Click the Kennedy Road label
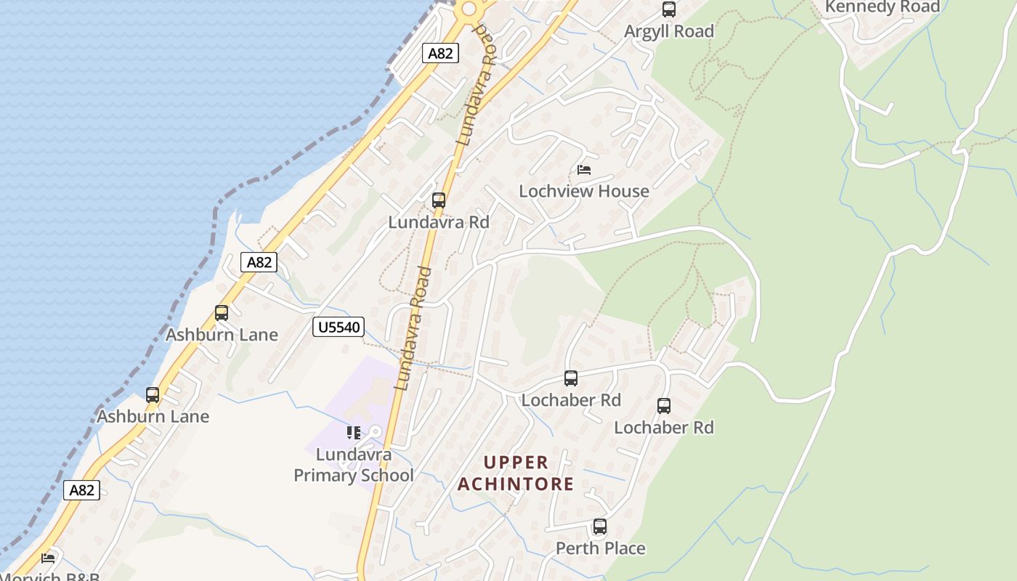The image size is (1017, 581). pyautogui.click(x=882, y=7)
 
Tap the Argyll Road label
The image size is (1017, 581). pyautogui.click(x=669, y=31)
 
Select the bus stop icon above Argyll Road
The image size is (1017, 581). pyautogui.click(x=669, y=9)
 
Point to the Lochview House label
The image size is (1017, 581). pyautogui.click(x=584, y=191)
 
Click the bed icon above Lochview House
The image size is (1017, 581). pyautogui.click(x=584, y=170)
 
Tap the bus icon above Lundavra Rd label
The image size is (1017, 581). pyautogui.click(x=439, y=200)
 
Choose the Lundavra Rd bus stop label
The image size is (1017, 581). pyautogui.click(x=439, y=222)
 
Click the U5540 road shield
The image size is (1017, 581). pyautogui.click(x=339, y=327)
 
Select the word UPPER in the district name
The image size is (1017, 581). pyautogui.click(x=516, y=463)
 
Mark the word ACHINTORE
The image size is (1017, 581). pyautogui.click(x=516, y=484)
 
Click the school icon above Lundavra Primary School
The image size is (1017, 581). pyautogui.click(x=354, y=433)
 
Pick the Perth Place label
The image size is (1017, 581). pyautogui.click(x=600, y=548)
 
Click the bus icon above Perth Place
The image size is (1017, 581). pyautogui.click(x=600, y=527)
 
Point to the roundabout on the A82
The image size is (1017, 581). pyautogui.click(x=469, y=9)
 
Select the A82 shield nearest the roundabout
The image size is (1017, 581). pyautogui.click(x=440, y=53)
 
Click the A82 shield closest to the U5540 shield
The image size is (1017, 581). pyautogui.click(x=259, y=261)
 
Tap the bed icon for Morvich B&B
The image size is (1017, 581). pyautogui.click(x=48, y=558)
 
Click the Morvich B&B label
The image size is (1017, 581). pyautogui.click(x=51, y=577)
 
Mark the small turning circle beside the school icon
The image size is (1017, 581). pyautogui.click(x=375, y=433)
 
